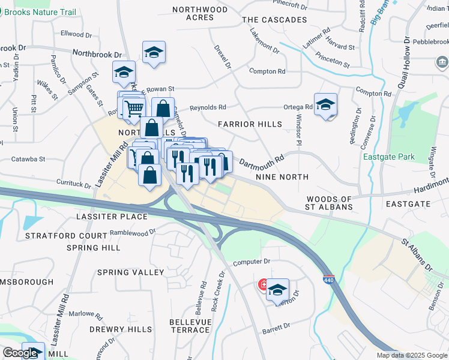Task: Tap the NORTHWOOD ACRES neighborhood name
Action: (200, 14)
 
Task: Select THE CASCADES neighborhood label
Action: (274, 20)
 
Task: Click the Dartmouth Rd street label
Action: (261, 163)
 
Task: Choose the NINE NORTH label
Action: (282, 177)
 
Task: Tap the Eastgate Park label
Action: (389, 157)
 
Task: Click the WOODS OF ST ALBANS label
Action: (328, 203)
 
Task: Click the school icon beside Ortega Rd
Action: (325, 106)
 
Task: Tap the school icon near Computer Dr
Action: (277, 291)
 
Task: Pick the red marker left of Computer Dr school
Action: (263, 284)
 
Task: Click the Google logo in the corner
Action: (20, 353)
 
